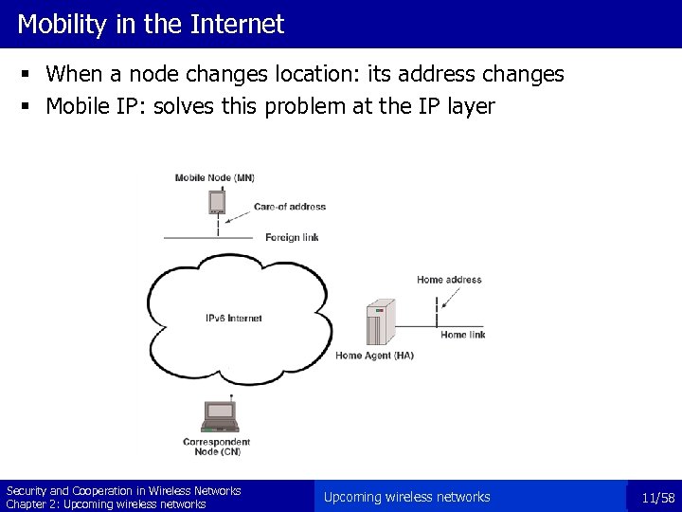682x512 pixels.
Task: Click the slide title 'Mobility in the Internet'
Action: tap(150, 25)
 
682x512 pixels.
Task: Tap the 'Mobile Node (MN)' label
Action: tap(215, 177)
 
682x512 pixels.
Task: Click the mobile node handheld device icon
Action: tap(217, 202)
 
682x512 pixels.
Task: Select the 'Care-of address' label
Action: tap(289, 207)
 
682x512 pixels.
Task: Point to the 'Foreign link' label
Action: tap(291, 237)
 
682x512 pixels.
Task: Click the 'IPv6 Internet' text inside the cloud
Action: tap(233, 319)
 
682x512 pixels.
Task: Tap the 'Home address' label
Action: tap(449, 280)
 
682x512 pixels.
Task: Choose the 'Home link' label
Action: tap(463, 335)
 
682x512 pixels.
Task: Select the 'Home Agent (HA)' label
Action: tap(374, 356)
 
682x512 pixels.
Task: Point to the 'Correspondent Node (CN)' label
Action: tap(217, 447)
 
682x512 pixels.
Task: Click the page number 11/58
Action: tap(657, 498)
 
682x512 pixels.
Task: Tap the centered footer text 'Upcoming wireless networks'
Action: tap(406, 497)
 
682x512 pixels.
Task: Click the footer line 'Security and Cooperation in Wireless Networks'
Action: tap(123, 490)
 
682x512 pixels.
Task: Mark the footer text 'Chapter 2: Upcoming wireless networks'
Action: tap(106, 504)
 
